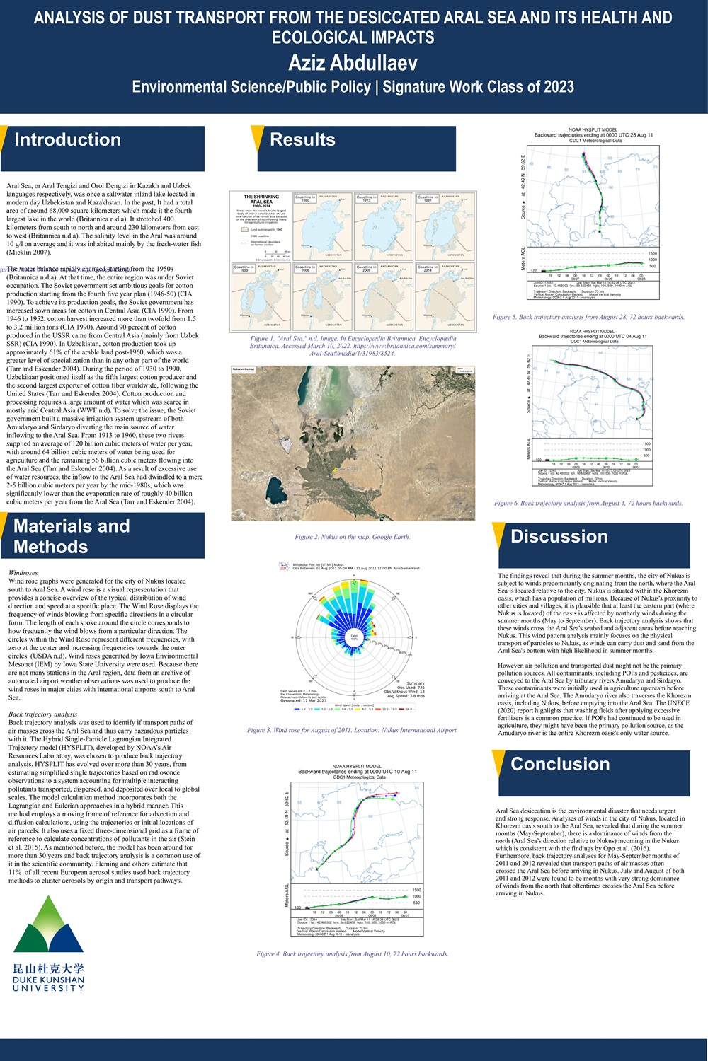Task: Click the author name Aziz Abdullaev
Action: pos(353,63)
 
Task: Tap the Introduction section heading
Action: pos(68,140)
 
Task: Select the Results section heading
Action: pos(302,140)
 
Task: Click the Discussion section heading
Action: pos(559,537)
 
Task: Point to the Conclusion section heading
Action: pos(560,765)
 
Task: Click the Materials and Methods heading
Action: pos(72,536)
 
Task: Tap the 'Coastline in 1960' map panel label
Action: pos(304,199)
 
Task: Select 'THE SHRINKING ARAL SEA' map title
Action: pos(261,199)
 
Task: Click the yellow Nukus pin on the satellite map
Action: pos(336,469)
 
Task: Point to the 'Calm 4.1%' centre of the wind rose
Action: pos(354,637)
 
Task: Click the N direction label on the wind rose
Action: pos(355,576)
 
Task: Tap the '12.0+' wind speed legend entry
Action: pos(410,709)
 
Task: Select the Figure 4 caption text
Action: pos(353,954)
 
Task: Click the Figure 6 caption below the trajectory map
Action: pos(588,504)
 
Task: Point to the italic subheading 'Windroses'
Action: pos(23,572)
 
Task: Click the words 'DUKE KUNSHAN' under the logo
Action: pos(48,980)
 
